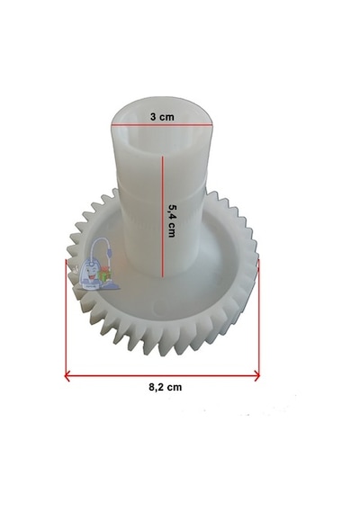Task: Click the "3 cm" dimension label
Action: point(162,117)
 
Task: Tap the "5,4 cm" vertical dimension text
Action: point(172,220)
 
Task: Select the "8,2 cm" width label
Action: point(166,387)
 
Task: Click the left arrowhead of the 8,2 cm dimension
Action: point(67,376)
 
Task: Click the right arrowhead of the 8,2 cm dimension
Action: point(257,376)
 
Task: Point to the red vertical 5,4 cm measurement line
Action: point(162,217)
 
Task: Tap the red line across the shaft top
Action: point(162,125)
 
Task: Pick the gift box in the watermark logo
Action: point(104,274)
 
